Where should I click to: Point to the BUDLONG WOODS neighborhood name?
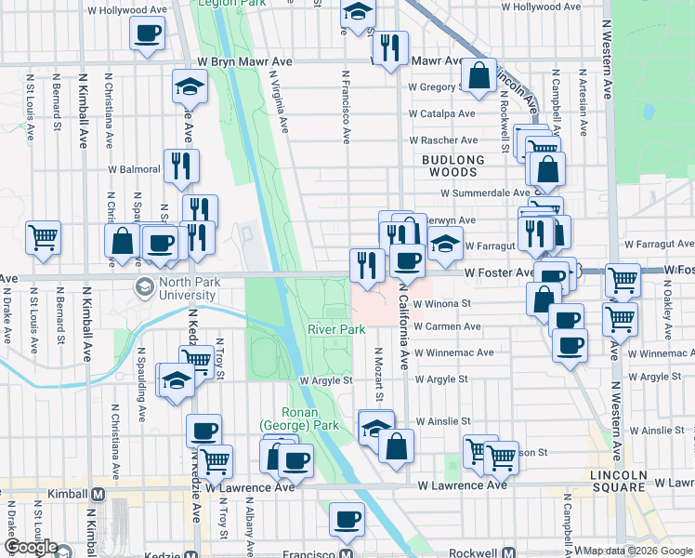[x=453, y=166]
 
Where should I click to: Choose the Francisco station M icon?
[x=345, y=553]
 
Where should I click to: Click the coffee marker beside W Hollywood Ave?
[x=147, y=35]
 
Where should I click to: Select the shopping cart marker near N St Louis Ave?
[x=43, y=239]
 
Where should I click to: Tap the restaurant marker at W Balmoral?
[x=181, y=166]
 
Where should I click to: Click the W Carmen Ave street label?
[x=447, y=327]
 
